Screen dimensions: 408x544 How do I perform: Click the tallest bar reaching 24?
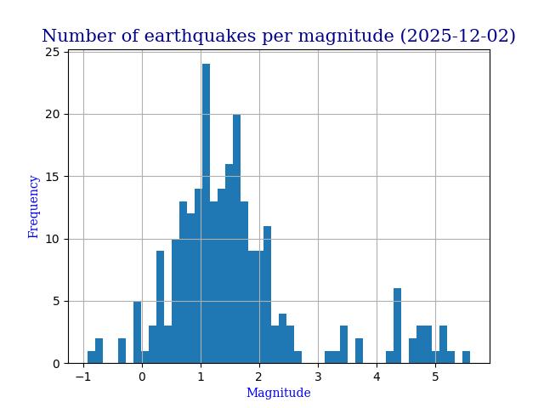tap(206, 213)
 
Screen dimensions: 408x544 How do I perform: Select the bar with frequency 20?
tap(236, 239)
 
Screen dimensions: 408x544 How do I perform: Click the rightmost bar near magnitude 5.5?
tap(466, 357)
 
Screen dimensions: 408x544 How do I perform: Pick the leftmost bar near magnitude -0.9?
tap(91, 357)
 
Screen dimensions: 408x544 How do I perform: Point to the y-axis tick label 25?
tap(53, 53)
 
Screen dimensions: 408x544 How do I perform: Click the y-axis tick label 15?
tap(53, 177)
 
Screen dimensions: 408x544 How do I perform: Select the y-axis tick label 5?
tap(56, 301)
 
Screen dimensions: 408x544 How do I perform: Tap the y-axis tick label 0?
tap(56, 364)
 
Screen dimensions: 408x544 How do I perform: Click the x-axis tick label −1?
tap(82, 377)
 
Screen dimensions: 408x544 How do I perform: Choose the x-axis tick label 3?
tap(318, 377)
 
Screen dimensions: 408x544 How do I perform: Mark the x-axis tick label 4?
tap(377, 377)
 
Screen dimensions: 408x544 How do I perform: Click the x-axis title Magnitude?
tap(278, 393)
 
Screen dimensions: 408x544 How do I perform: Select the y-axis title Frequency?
tap(34, 207)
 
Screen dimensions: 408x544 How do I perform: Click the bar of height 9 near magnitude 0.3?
tap(160, 307)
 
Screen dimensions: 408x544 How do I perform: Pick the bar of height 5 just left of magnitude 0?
tap(137, 332)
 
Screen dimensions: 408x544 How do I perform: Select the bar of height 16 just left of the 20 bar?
tap(229, 263)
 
